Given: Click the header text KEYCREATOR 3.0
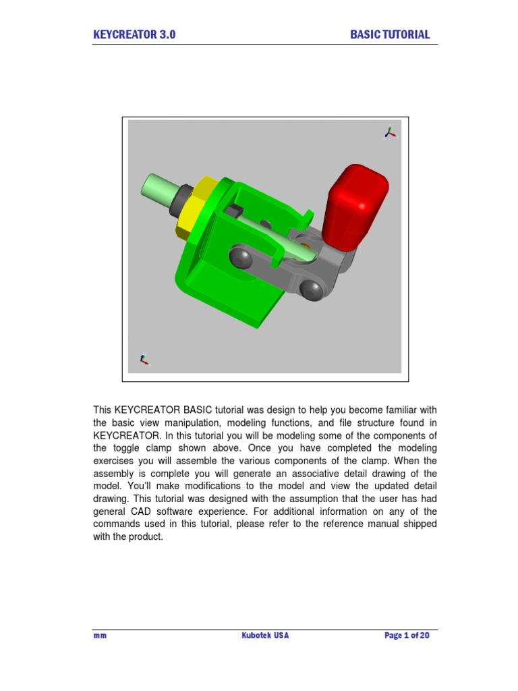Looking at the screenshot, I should click(x=134, y=35).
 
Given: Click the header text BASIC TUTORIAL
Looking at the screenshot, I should click(x=390, y=35).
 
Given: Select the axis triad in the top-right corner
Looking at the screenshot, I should click(x=389, y=132).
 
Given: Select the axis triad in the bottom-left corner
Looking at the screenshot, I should click(x=143, y=359).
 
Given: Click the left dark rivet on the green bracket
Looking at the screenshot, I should click(x=239, y=257).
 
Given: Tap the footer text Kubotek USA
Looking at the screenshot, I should click(x=265, y=636).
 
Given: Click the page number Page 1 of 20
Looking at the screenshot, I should click(x=407, y=636).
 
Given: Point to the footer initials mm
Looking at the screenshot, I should click(x=100, y=636).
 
